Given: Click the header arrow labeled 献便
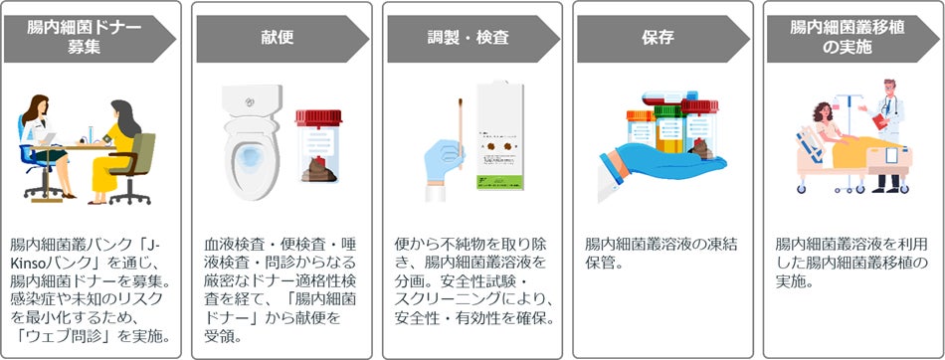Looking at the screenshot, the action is (283, 39).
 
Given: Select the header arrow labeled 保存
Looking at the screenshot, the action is (662, 39).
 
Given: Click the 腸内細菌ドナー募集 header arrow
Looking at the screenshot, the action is (90, 39).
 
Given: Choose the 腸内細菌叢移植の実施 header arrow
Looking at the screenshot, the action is (852, 39).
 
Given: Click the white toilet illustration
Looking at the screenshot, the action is (252, 142).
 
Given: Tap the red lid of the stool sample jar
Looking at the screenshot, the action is (319, 117).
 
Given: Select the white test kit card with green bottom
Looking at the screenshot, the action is (499, 135).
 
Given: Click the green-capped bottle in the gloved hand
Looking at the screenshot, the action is (669, 128).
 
